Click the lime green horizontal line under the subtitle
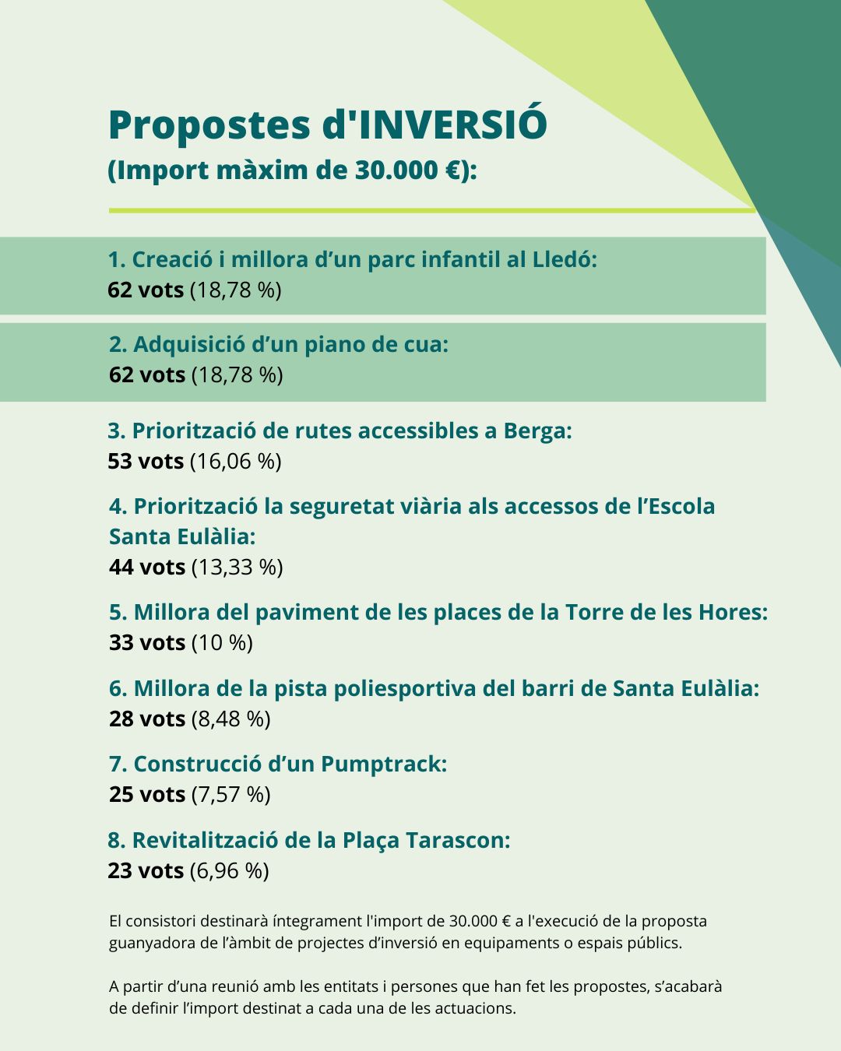pos(432,210)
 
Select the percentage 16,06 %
pos(236,461)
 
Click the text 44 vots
pos(147,567)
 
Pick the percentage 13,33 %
pos(238,567)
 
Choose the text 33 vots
pos(147,642)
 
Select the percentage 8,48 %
pos(231,719)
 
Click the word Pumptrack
pos(383,764)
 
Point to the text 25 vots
pos(147,794)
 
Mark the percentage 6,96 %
pos(230,870)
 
